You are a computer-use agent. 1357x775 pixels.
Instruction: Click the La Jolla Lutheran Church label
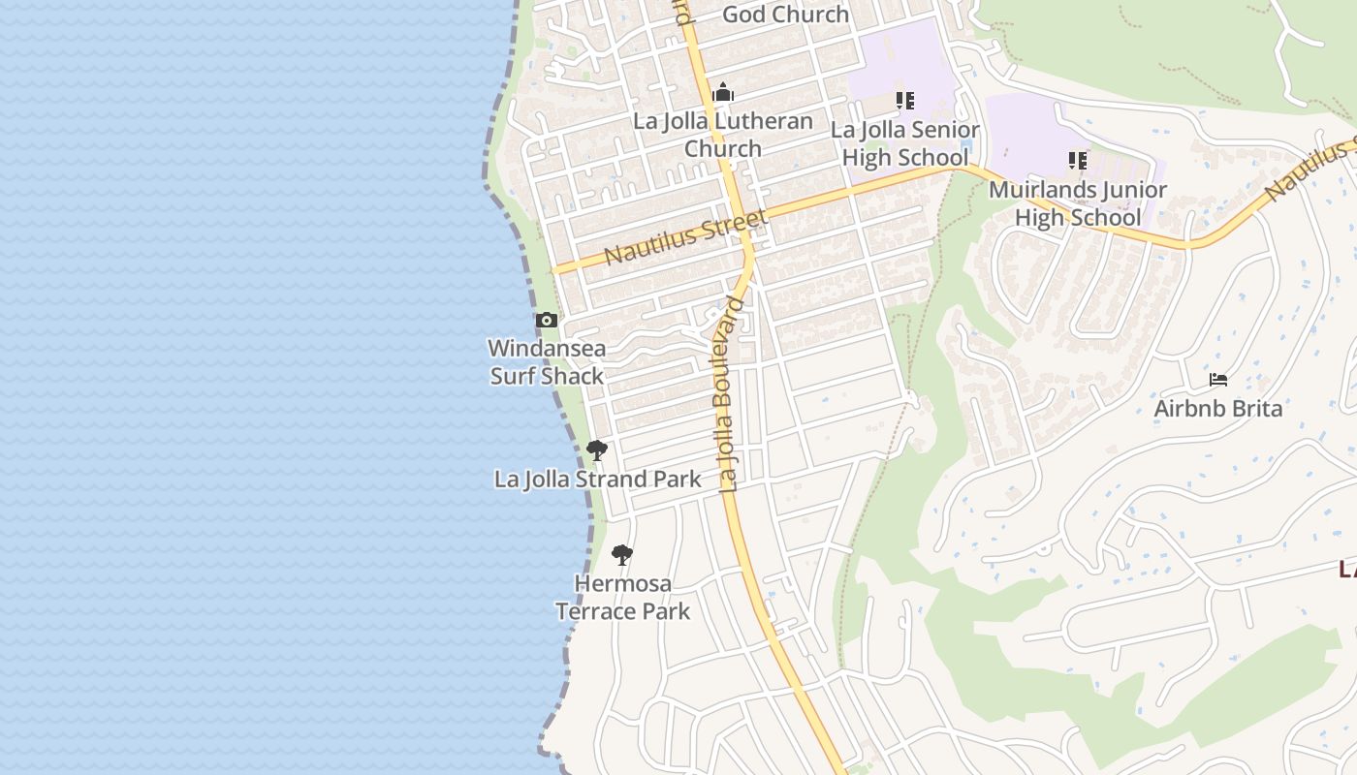tap(723, 135)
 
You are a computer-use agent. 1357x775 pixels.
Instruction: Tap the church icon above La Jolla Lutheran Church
tap(723, 94)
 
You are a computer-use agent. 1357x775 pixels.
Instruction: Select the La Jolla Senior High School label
tap(905, 143)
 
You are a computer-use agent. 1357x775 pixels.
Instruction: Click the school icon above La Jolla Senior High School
tap(905, 100)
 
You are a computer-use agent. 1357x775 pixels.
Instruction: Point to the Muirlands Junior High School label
tap(1078, 203)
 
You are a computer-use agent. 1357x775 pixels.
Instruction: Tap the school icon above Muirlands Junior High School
tap(1078, 160)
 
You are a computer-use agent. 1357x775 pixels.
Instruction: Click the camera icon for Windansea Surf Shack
tap(547, 320)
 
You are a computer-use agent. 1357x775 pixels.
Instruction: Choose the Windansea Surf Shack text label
tap(547, 361)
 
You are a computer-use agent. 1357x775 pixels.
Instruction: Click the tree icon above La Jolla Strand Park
tap(597, 449)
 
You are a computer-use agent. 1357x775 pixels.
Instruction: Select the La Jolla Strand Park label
tap(598, 479)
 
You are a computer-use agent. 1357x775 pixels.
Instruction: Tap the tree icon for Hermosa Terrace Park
tap(622, 555)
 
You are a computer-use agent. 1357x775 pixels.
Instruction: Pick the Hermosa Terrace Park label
tap(622, 597)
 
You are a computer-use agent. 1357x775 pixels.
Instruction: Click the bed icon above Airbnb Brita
tap(1218, 379)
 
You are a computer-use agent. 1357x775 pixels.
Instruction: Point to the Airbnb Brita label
tap(1218, 408)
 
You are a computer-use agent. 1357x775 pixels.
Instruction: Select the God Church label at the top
tap(786, 14)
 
